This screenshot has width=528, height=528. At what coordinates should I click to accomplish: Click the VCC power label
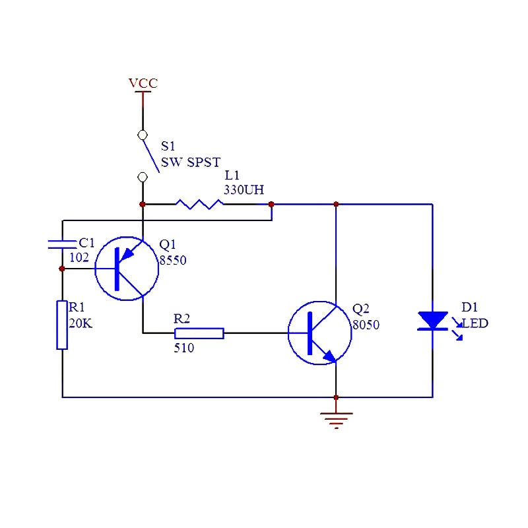[x=143, y=83]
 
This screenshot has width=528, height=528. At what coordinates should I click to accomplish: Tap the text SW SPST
[x=191, y=162]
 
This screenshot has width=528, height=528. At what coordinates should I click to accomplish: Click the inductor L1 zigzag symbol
[x=199, y=205]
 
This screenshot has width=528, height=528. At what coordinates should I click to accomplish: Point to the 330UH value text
[x=244, y=190]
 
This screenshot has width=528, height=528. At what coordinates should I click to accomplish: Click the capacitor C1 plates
[x=62, y=244]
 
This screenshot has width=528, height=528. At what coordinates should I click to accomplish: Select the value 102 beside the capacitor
[x=79, y=258]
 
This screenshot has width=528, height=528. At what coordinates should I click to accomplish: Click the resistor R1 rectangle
[x=62, y=325]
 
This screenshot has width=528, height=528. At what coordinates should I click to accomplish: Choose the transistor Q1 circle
[x=126, y=269]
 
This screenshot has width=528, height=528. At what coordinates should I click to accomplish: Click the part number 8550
[x=172, y=261]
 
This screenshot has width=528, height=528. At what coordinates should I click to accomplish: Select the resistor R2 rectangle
[x=199, y=333]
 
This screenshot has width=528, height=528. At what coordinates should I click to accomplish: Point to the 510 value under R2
[x=183, y=348]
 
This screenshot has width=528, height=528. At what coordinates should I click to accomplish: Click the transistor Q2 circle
[x=319, y=333]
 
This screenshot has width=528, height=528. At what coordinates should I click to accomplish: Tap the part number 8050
[x=366, y=325]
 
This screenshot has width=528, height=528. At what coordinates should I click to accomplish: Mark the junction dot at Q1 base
[x=62, y=269]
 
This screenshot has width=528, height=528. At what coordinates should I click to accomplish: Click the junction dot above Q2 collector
[x=336, y=205]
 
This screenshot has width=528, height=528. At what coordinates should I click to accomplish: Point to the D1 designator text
[x=469, y=308]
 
